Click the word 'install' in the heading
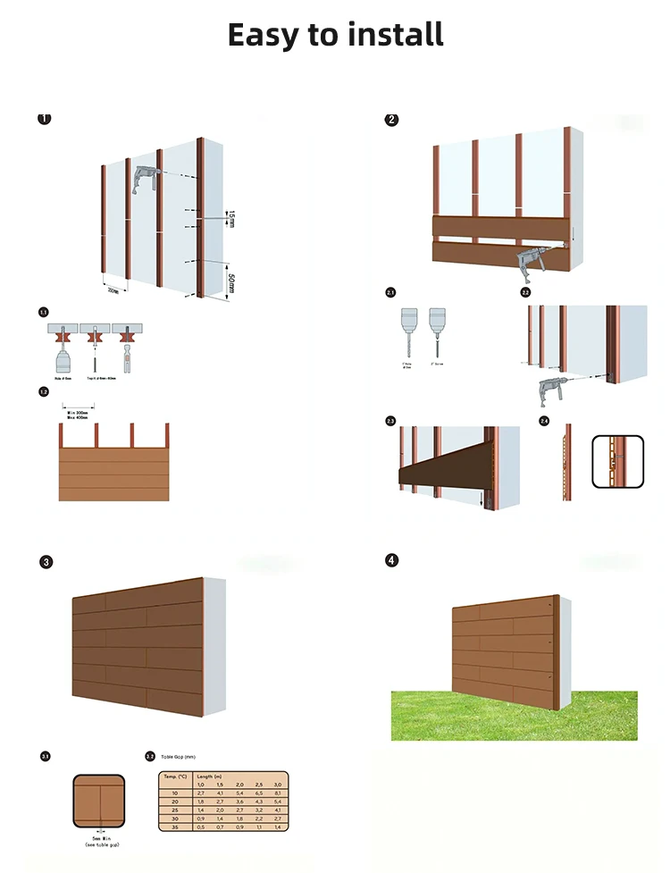(x=389, y=35)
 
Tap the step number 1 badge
(x=44, y=119)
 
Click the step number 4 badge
(x=391, y=560)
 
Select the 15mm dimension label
(x=230, y=218)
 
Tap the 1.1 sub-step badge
(x=43, y=312)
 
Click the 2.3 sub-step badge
(x=390, y=420)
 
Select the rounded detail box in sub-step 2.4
(x=617, y=462)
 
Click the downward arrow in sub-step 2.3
(x=482, y=499)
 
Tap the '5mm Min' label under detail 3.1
(x=100, y=838)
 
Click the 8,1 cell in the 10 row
(x=277, y=793)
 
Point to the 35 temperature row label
(x=174, y=827)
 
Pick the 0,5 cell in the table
(x=201, y=827)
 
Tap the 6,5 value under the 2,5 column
(x=258, y=793)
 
